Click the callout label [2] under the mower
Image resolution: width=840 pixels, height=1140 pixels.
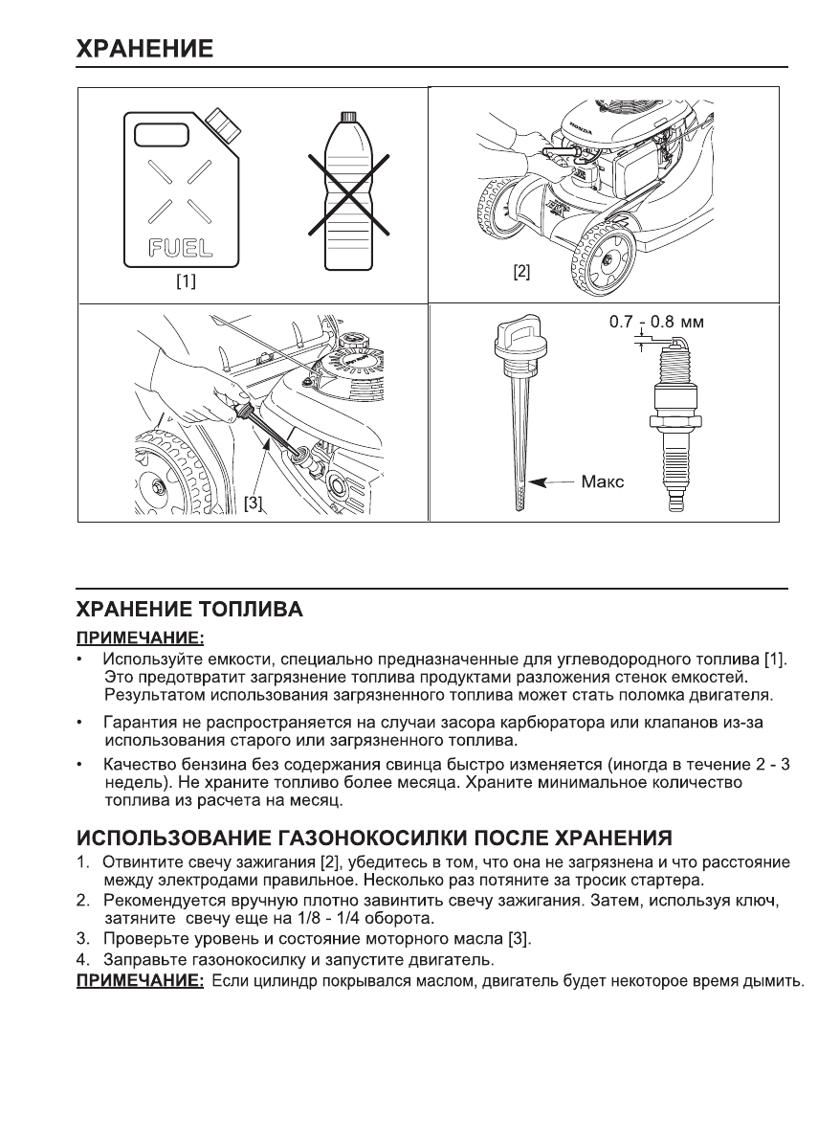pos(521,271)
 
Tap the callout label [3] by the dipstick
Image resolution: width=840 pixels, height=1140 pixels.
pos(253,502)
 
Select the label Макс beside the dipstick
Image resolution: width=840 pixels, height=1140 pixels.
pos(602,482)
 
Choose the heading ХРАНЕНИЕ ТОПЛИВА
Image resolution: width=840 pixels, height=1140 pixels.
pos(189,610)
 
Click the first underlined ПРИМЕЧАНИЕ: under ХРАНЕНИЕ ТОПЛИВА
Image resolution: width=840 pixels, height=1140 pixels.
pos(141,637)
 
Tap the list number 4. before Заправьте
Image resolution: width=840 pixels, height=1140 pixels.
pos(82,959)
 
